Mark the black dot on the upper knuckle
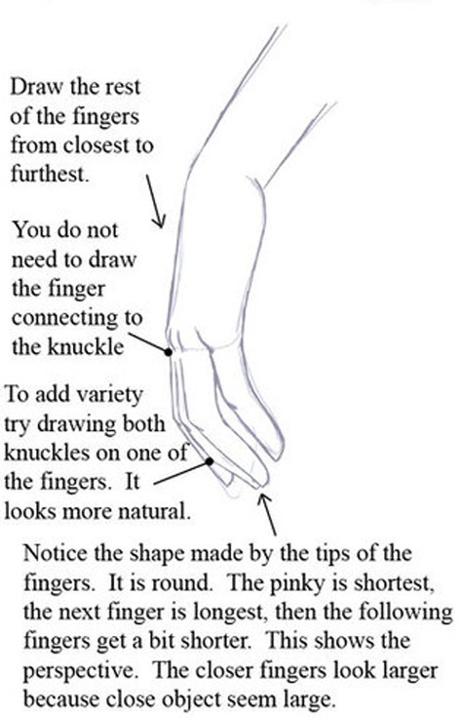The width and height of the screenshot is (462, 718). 170,351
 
